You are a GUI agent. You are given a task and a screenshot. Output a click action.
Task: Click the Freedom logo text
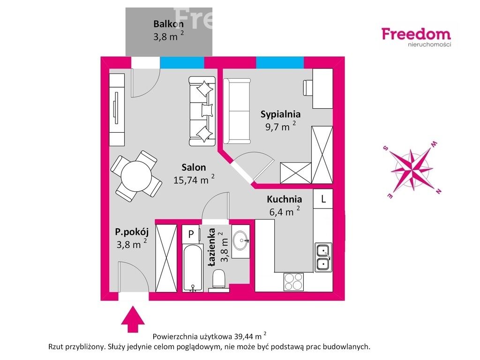point(416,34)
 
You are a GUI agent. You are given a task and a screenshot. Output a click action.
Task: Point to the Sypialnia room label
point(280,114)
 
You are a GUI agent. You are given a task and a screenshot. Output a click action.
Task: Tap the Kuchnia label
point(285,199)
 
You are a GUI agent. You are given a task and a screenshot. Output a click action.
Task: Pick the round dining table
point(135,175)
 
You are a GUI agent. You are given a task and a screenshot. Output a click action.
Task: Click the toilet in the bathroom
point(219,280)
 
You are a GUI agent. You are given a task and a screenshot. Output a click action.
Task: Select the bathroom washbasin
point(242,241)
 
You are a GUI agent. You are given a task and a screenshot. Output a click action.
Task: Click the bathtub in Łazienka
point(192,267)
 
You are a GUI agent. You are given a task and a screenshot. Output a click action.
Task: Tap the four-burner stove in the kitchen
point(294,282)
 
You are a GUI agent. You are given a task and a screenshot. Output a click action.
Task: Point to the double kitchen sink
point(323,257)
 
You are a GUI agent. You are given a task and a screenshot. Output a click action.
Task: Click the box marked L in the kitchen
point(323,198)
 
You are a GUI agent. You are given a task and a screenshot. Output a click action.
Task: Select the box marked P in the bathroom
point(191,233)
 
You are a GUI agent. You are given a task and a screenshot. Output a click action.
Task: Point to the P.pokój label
point(132,231)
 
